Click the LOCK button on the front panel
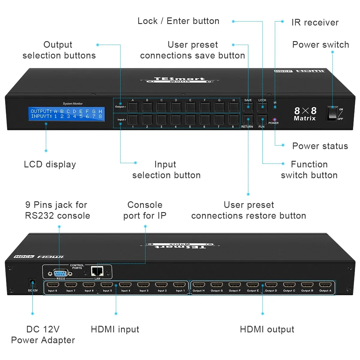click(x=262, y=107)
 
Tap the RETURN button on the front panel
click(x=248, y=119)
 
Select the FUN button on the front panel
click(x=262, y=119)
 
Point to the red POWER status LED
click(x=274, y=120)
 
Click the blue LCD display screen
click(x=67, y=114)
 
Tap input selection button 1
click(x=133, y=119)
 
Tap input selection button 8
click(x=233, y=119)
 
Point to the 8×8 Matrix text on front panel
click(x=305, y=114)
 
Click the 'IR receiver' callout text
click(x=315, y=22)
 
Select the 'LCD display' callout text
click(x=50, y=164)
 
